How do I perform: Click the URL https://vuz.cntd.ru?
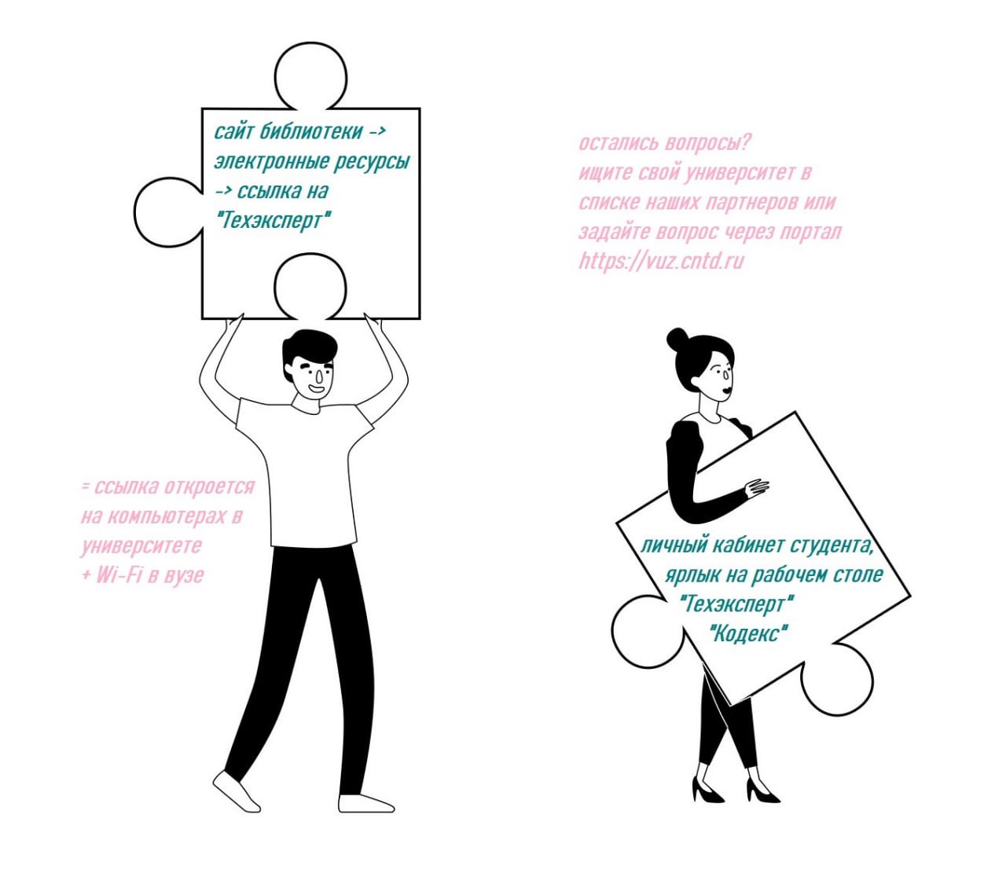click(662, 261)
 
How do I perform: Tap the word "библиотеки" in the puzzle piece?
click(311, 131)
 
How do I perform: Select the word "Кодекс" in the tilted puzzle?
click(748, 634)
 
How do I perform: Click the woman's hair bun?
click(677, 338)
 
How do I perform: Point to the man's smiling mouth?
click(316, 389)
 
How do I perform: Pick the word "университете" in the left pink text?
click(141, 545)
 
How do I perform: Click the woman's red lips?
click(727, 389)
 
